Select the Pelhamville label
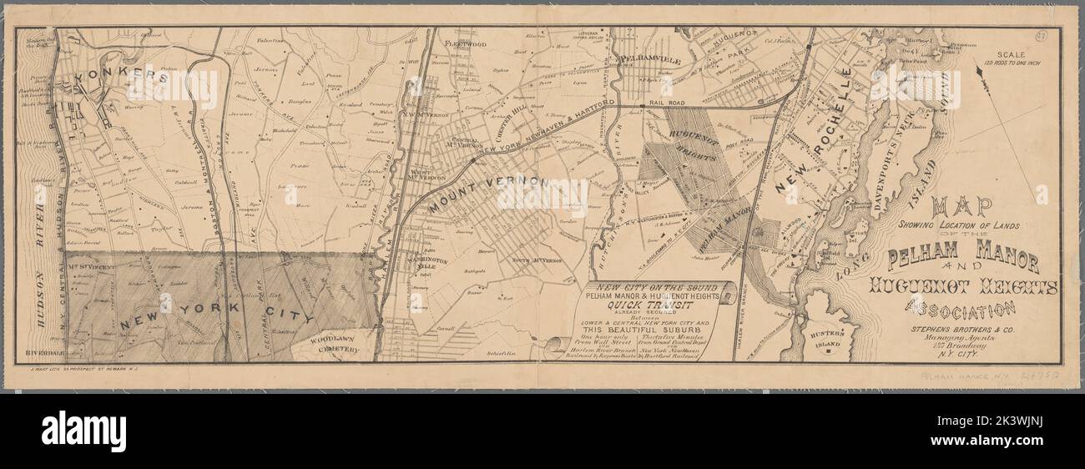point(650,60)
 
